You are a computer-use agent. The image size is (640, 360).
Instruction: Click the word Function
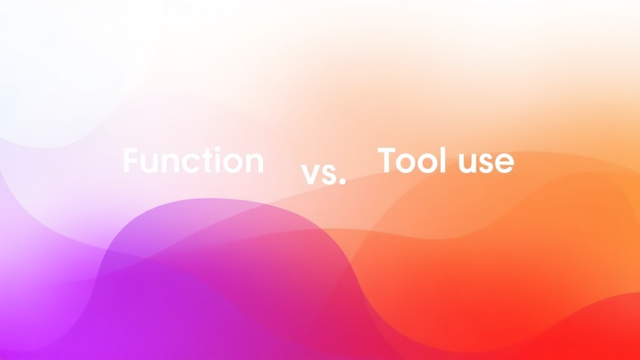tap(193, 161)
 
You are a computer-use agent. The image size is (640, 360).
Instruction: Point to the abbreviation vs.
tap(323, 175)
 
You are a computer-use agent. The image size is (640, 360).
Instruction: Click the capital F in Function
tap(131, 161)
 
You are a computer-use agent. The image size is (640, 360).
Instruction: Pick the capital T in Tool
tap(388, 161)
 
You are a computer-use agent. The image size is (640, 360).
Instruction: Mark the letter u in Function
tap(149, 164)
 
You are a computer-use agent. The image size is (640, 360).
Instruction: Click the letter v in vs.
tap(311, 176)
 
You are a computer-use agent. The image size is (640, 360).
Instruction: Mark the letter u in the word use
tap(463, 164)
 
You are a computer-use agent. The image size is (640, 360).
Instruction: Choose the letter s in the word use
tap(484, 164)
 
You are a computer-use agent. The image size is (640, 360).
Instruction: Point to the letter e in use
tap(504, 164)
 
